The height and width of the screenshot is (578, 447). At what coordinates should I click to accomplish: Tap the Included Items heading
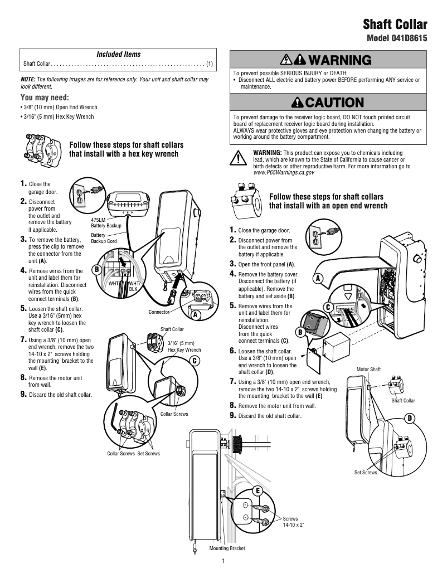tap(119, 54)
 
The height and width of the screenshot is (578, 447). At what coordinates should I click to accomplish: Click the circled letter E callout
tap(257, 490)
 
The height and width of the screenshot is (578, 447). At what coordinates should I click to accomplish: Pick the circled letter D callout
tap(410, 418)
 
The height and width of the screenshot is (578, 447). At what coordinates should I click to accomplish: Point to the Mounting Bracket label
tap(227, 548)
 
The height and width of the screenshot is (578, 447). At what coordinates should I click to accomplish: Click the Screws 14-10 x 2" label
tap(293, 522)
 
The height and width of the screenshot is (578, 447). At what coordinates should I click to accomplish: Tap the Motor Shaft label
tap(368, 370)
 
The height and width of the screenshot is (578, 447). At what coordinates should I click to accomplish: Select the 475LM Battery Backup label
tap(106, 222)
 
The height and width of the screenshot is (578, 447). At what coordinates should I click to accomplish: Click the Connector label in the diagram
tap(159, 312)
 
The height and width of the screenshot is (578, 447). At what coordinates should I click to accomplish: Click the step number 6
tap(233, 351)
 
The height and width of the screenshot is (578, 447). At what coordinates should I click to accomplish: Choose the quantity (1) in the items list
tap(210, 64)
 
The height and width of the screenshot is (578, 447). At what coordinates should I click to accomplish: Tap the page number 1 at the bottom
tap(223, 561)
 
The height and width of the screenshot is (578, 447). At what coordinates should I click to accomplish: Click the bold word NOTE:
tap(28, 80)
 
